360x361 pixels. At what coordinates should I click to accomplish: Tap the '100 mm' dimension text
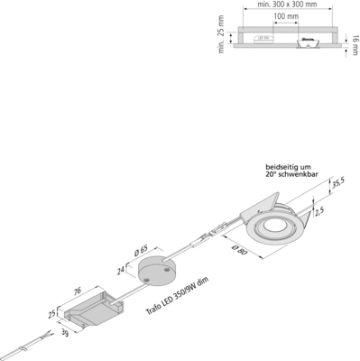286,17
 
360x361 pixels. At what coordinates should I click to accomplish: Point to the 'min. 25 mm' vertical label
221,38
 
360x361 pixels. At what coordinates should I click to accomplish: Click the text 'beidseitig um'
286,166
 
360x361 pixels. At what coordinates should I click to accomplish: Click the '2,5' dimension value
319,210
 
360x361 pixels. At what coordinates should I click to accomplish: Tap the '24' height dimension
121,268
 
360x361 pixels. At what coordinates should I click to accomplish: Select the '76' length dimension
77,291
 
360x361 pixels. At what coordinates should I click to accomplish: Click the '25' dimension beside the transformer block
52,315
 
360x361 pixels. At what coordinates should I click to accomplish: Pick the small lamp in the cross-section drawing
307,40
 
